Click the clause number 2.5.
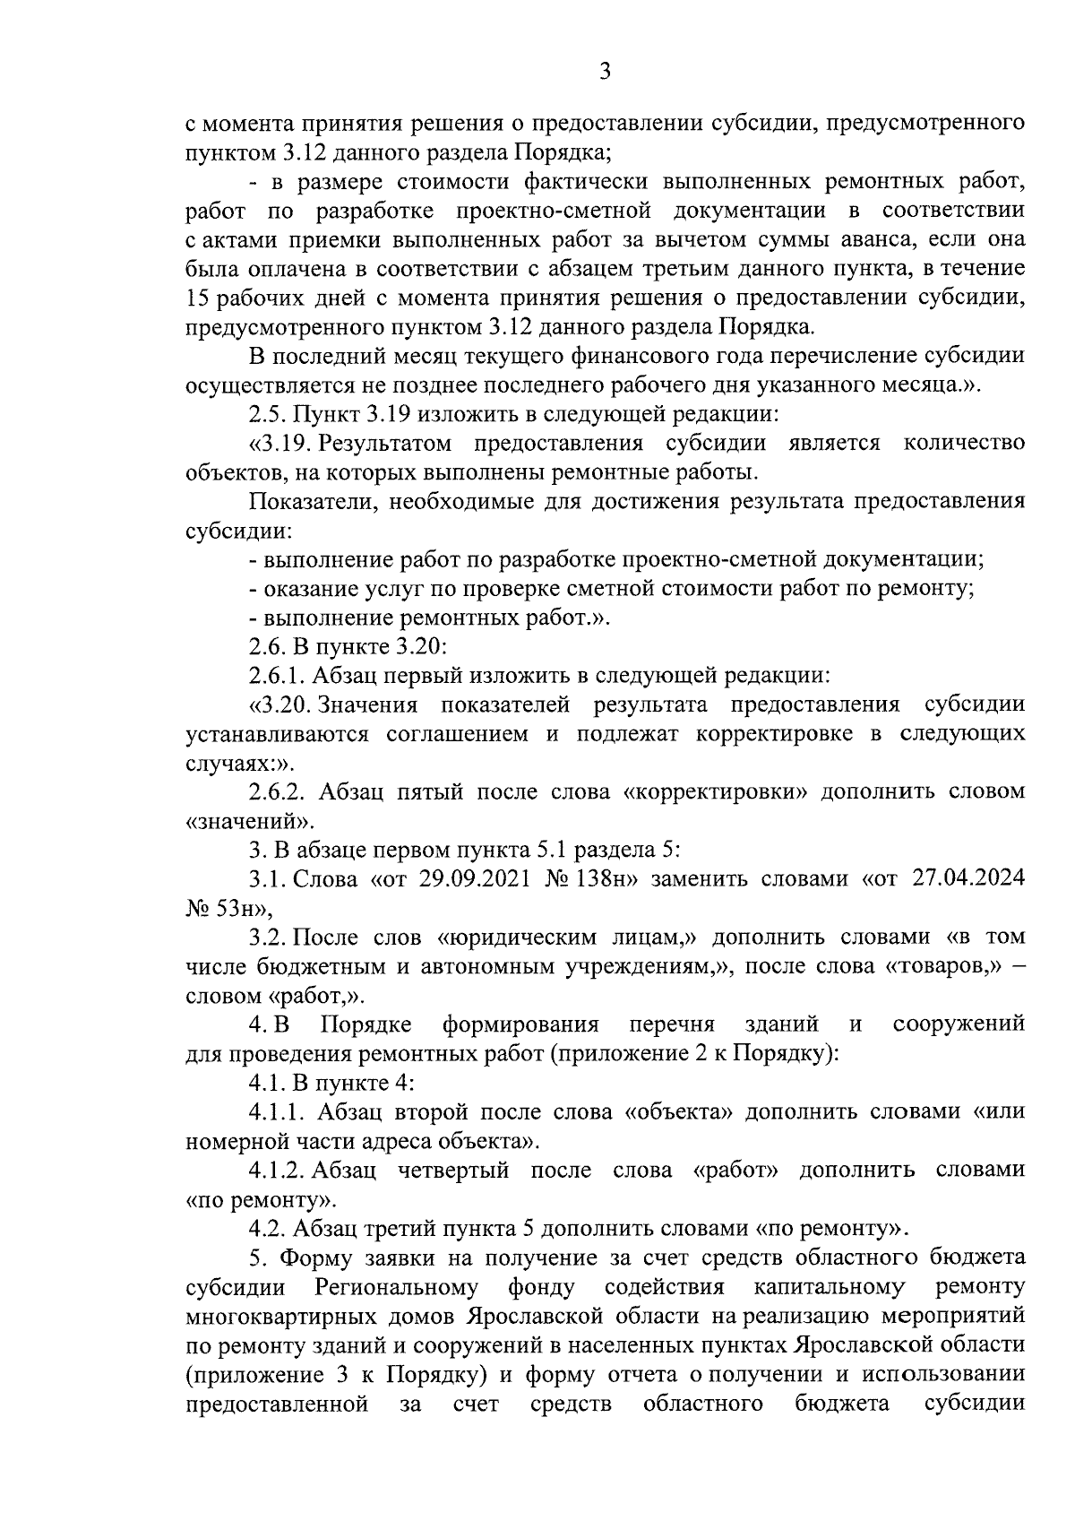[268, 414]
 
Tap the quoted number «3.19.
[280, 444]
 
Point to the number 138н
[608, 878]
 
